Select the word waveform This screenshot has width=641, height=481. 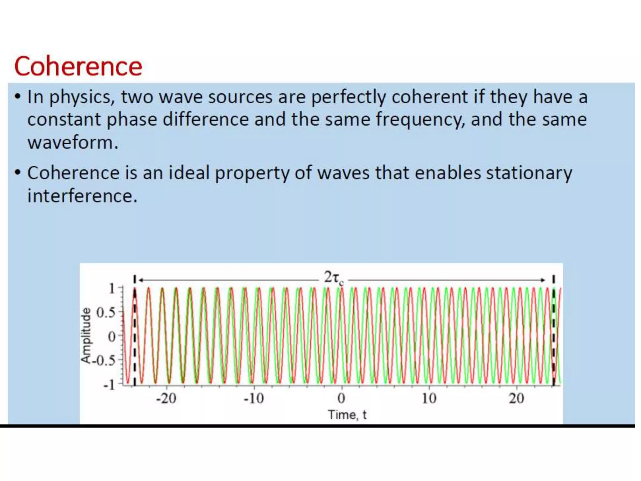[x=73, y=143]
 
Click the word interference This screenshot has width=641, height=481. [x=82, y=196]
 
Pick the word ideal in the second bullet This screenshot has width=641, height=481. [x=189, y=173]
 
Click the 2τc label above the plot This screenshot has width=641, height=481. [x=333, y=277]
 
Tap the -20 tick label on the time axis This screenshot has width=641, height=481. [x=166, y=399]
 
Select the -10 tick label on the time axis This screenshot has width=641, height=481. [x=254, y=399]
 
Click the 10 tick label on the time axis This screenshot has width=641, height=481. [x=429, y=399]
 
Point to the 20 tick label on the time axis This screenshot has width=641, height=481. [x=516, y=399]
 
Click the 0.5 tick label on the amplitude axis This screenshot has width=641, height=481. [x=105, y=313]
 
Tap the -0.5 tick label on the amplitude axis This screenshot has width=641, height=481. [x=103, y=361]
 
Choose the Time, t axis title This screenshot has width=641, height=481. [x=347, y=415]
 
